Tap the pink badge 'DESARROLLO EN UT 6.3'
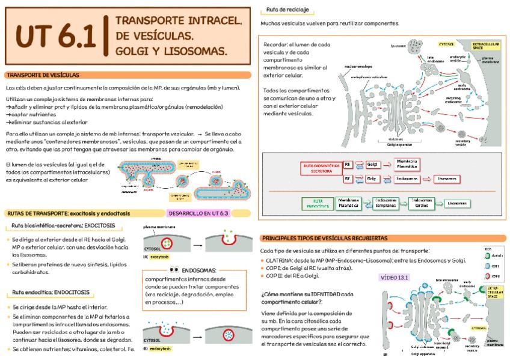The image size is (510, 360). [x=198, y=213]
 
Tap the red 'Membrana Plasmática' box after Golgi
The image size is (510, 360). [x=407, y=163]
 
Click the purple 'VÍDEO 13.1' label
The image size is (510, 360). [x=394, y=277]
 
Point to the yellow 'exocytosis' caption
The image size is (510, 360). [x=159, y=257]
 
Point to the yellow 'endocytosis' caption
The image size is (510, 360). [x=160, y=349]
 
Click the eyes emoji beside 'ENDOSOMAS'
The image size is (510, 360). [x=174, y=270]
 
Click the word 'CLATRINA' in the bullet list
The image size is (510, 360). [x=278, y=260]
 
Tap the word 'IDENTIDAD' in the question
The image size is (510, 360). [x=317, y=294]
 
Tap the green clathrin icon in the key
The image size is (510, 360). [x=488, y=255]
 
